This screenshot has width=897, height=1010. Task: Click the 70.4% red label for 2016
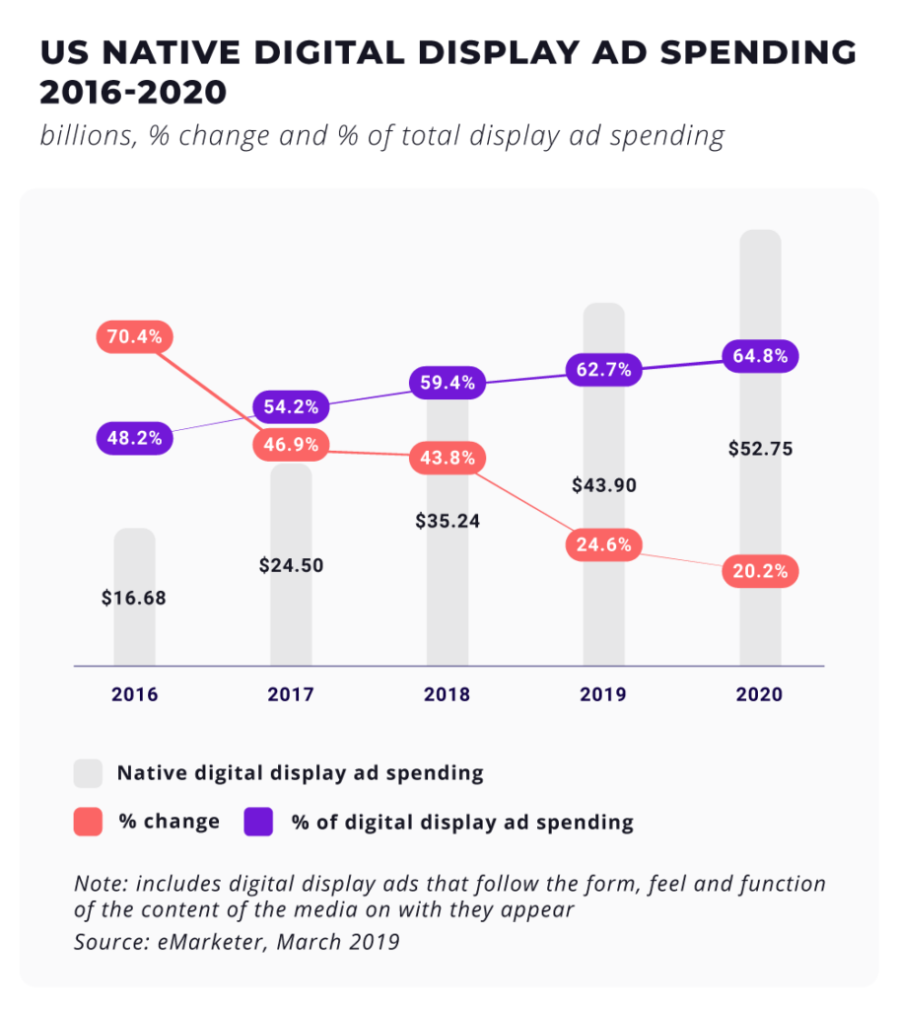point(134,336)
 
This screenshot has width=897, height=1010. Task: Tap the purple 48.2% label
point(134,437)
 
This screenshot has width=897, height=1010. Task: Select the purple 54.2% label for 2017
point(291,406)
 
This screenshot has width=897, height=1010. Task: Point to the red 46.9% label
point(291,445)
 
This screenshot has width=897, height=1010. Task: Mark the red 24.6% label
point(603,544)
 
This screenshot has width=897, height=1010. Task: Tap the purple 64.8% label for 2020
point(760,356)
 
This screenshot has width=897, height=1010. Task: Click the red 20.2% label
point(760,571)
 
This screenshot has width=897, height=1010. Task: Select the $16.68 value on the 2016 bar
point(134,598)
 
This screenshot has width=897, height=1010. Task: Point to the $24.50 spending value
point(291,566)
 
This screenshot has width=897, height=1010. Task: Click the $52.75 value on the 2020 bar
point(760,449)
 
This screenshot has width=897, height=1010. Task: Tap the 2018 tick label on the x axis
point(447,694)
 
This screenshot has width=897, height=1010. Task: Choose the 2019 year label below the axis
point(603,694)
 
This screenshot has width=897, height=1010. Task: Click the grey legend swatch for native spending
point(89,773)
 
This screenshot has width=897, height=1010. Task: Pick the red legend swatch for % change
point(89,822)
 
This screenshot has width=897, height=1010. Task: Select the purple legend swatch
point(258,822)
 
